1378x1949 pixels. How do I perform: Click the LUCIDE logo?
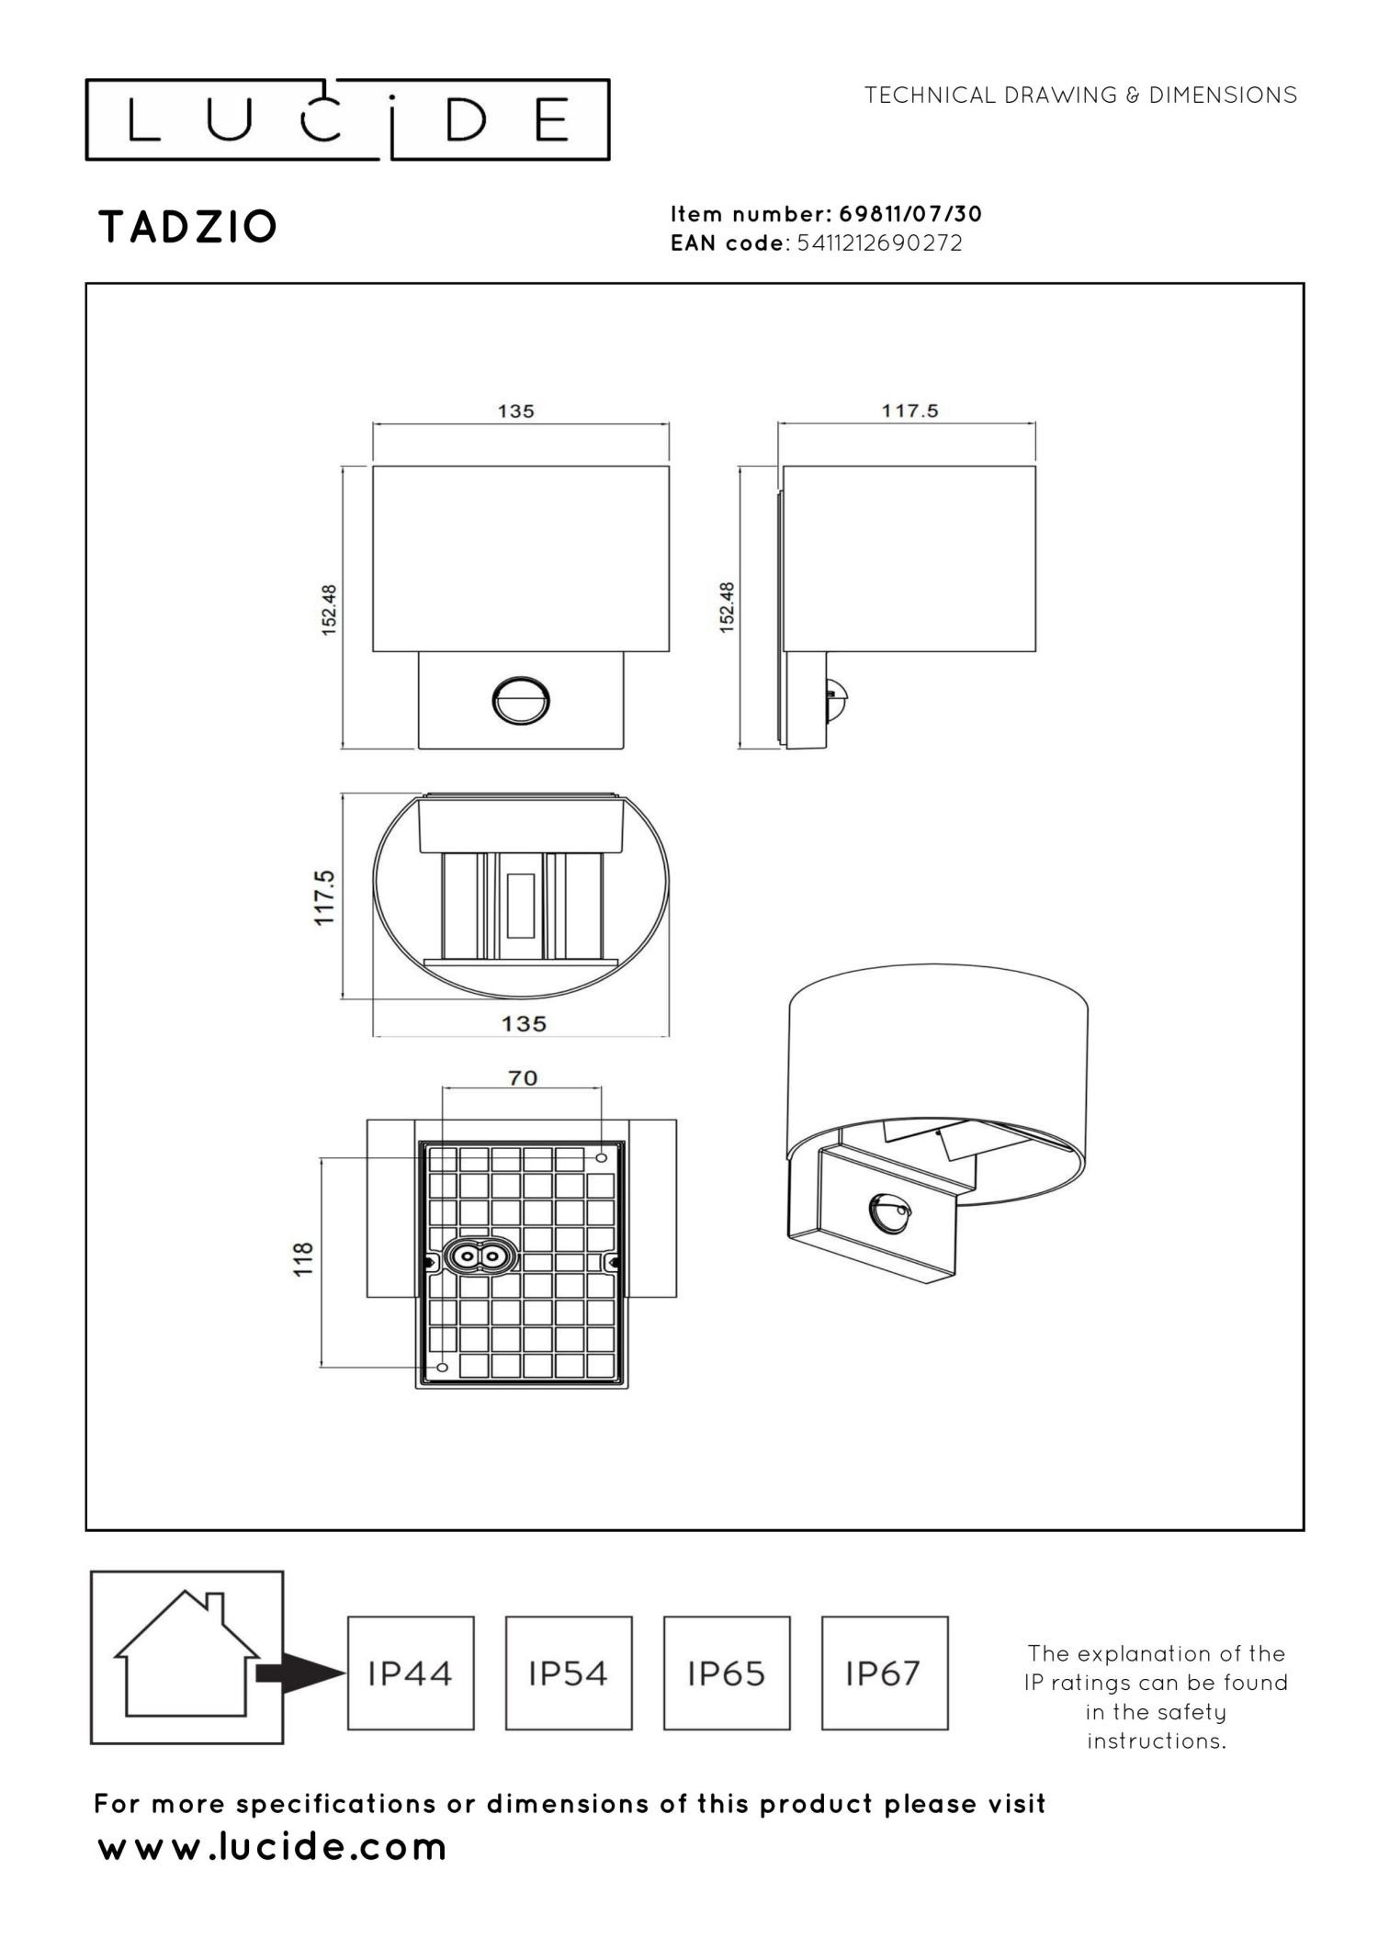coord(347,120)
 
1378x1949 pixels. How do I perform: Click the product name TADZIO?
coord(187,227)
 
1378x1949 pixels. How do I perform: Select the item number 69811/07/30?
coord(910,214)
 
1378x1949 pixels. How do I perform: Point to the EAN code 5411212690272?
coord(880,243)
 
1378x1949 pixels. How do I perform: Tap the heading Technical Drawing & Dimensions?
coord(1080,95)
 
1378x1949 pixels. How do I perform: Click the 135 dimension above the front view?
coord(515,411)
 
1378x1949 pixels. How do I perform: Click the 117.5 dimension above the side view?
coord(909,411)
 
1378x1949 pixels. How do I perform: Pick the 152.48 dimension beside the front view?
coord(330,608)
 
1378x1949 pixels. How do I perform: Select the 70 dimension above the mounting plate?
coord(523,1077)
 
